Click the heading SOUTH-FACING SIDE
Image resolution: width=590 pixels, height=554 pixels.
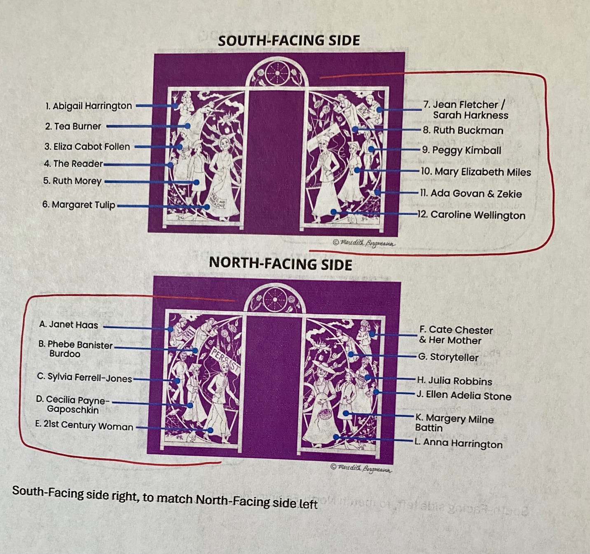coord(289,40)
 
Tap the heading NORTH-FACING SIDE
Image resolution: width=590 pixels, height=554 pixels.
coord(281,264)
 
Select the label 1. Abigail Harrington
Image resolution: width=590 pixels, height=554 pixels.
coord(89,106)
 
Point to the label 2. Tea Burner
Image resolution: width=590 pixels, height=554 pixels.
coord(73,126)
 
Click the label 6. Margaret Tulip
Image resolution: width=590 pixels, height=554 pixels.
coord(79,205)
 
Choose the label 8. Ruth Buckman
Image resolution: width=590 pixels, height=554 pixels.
coord(463,131)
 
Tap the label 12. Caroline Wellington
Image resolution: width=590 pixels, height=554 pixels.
coord(471,215)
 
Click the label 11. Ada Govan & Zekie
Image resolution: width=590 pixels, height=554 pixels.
coord(471,194)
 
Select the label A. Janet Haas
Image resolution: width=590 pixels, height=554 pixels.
coord(69,325)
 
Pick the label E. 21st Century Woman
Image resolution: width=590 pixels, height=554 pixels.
coord(84,425)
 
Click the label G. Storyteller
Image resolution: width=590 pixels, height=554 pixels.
coord(448,357)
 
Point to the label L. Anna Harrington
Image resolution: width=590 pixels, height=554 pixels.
coord(459,444)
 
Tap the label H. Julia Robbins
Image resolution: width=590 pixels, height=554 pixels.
coord(454,381)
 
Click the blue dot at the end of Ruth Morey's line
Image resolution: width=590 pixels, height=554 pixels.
coord(197,182)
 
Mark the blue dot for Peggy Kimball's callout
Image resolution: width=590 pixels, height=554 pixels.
coord(371,149)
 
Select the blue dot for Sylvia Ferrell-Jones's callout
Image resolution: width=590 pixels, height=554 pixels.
coord(177,381)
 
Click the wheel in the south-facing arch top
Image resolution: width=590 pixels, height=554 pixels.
coord(277,73)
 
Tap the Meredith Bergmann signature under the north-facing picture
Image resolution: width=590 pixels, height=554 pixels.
coord(362,468)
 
